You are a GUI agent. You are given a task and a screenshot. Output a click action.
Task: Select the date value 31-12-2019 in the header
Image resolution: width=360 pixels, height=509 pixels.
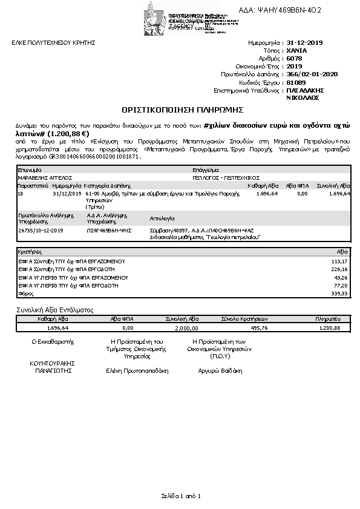pyautogui.click(x=306, y=44)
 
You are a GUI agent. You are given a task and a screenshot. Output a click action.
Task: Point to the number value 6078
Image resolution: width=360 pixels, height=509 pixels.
pyautogui.click(x=294, y=59)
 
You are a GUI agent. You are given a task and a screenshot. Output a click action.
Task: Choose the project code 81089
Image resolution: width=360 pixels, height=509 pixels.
pyautogui.click(x=296, y=82)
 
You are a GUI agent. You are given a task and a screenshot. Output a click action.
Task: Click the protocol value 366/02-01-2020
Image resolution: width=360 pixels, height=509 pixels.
pyautogui.click(x=312, y=74)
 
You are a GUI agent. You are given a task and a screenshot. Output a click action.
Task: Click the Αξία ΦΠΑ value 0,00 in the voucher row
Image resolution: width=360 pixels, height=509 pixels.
pyautogui.click(x=303, y=194)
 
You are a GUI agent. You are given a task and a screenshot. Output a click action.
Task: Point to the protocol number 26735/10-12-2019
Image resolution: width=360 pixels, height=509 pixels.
pyautogui.click(x=41, y=231)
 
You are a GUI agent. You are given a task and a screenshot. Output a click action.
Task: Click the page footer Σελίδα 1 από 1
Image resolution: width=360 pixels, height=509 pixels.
pyautogui.click(x=181, y=496)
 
